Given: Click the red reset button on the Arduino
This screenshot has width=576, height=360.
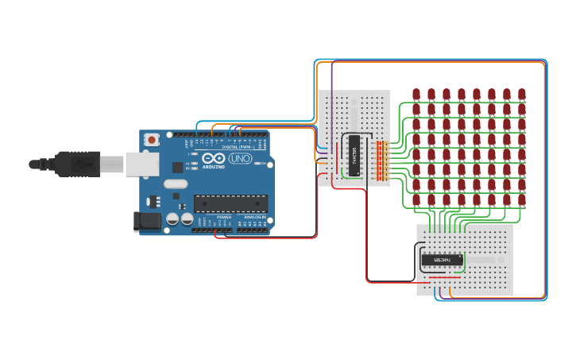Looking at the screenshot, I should [x=152, y=140].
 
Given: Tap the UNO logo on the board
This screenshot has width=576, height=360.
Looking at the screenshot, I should [x=239, y=159].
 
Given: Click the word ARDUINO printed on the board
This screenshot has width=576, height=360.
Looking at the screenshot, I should [x=213, y=167].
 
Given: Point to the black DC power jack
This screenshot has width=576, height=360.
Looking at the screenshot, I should [x=149, y=221].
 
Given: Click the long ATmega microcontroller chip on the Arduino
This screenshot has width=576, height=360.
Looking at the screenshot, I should [x=230, y=204].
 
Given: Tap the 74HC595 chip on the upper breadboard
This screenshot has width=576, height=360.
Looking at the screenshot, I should [x=354, y=156].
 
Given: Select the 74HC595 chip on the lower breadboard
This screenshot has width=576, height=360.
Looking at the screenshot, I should [x=442, y=260].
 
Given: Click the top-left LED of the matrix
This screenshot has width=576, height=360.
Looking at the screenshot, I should [x=416, y=95].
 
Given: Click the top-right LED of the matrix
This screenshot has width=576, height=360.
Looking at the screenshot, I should [x=522, y=95].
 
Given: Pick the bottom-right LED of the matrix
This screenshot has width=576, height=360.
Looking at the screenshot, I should [x=522, y=199].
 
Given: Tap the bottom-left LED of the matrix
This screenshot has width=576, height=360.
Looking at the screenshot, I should [x=416, y=199].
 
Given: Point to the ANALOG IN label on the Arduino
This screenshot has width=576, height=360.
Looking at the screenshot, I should [x=254, y=216].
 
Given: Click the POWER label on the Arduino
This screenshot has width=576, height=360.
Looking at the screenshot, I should [x=224, y=216].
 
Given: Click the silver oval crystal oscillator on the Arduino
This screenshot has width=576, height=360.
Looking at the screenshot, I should [x=176, y=184].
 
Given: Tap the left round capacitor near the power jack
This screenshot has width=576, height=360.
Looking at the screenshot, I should [x=172, y=219].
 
